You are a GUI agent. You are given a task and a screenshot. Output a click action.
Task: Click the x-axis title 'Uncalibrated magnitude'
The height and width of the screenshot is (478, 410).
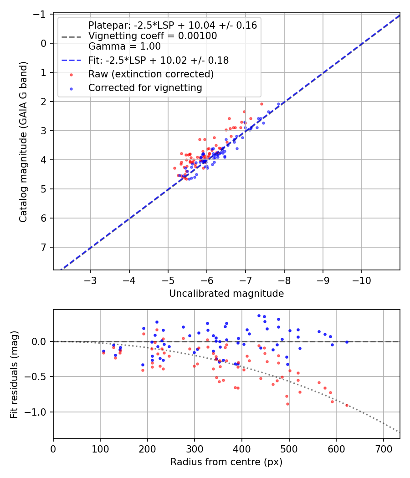pyautogui.click(x=226, y=294)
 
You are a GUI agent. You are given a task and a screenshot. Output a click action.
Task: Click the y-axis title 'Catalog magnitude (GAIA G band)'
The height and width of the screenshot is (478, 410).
pyautogui.click(x=23, y=142)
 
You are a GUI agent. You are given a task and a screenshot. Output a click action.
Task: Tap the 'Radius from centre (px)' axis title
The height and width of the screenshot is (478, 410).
pyautogui.click(x=226, y=462)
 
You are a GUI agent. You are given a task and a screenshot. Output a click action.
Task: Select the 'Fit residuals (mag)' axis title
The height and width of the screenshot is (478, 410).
pyautogui.click(x=14, y=374)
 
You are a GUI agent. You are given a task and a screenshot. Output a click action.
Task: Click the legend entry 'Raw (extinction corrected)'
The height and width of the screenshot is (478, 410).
pyautogui.click(x=151, y=74)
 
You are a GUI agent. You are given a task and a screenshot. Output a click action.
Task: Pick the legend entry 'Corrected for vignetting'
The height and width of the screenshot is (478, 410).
pyautogui.click(x=145, y=87)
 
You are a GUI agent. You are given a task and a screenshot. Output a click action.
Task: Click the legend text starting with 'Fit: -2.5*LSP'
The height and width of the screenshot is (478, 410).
pyautogui.click(x=158, y=60)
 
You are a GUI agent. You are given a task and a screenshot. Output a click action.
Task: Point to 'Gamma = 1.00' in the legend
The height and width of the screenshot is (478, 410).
pyautogui.click(x=124, y=46)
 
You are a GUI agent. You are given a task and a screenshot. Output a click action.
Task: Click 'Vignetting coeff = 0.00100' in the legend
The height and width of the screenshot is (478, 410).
pyautogui.click(x=153, y=36)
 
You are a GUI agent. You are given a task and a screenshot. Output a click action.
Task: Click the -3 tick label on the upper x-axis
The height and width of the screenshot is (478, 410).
pyautogui.click(x=90, y=279)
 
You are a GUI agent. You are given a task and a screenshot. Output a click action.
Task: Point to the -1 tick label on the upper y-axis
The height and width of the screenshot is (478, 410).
pyautogui.click(x=41, y=14)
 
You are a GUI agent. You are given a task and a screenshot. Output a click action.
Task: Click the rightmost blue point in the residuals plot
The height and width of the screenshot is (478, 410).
pyautogui.click(x=347, y=342)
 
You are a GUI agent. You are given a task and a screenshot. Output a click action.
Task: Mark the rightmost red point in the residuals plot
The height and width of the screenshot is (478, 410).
pyautogui.click(x=347, y=405)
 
